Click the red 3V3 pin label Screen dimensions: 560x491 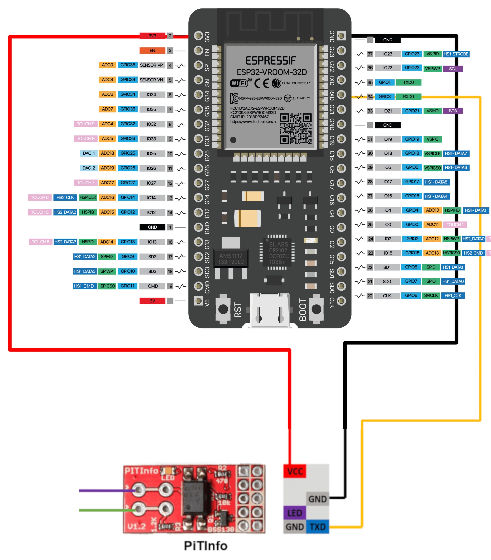tap(152, 36)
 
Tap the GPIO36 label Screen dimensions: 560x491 tap(128, 65)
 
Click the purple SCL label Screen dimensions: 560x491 tap(453, 69)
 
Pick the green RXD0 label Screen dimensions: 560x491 tap(408, 97)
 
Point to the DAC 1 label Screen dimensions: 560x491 tap(88, 153)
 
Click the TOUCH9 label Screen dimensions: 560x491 tap(85, 124)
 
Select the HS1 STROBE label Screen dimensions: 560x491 tap(456, 54)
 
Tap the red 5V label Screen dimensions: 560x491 tap(152, 301)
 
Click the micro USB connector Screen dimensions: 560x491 tap(270, 311)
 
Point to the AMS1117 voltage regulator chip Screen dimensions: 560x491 tap(231, 258)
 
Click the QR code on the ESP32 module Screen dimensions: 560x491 tap(296, 129)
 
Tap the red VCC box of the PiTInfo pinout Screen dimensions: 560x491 tap(295, 471)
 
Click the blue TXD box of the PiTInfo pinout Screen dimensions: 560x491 tap(317, 527)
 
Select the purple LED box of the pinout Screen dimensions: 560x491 tap(295, 513)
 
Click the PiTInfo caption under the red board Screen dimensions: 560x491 tap(205, 546)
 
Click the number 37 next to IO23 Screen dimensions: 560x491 tap(370, 54)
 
